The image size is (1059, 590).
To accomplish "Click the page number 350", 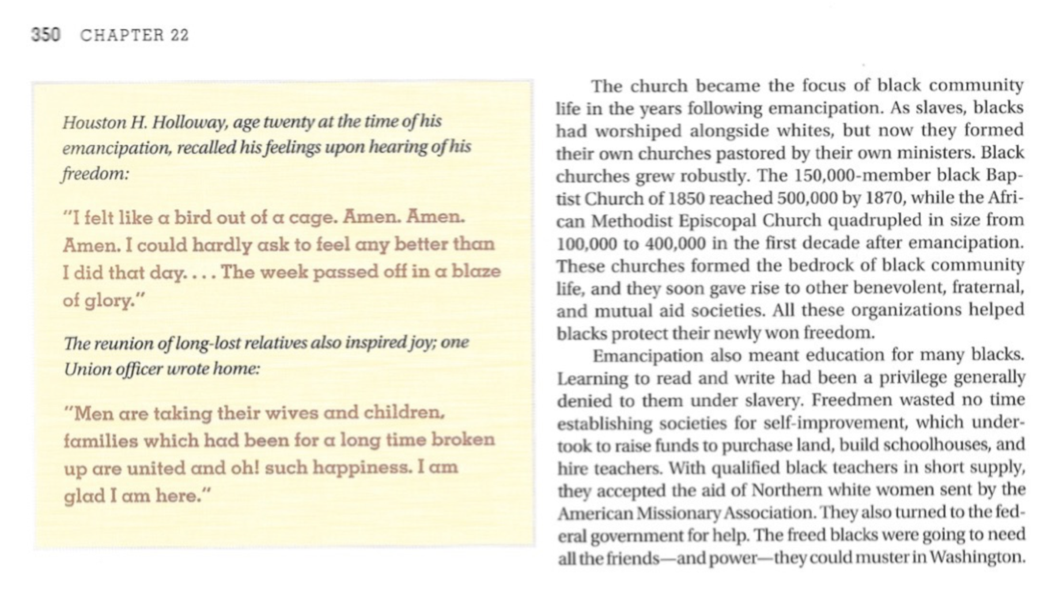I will click(46, 35).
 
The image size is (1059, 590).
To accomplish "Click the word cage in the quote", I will click(312, 218).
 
